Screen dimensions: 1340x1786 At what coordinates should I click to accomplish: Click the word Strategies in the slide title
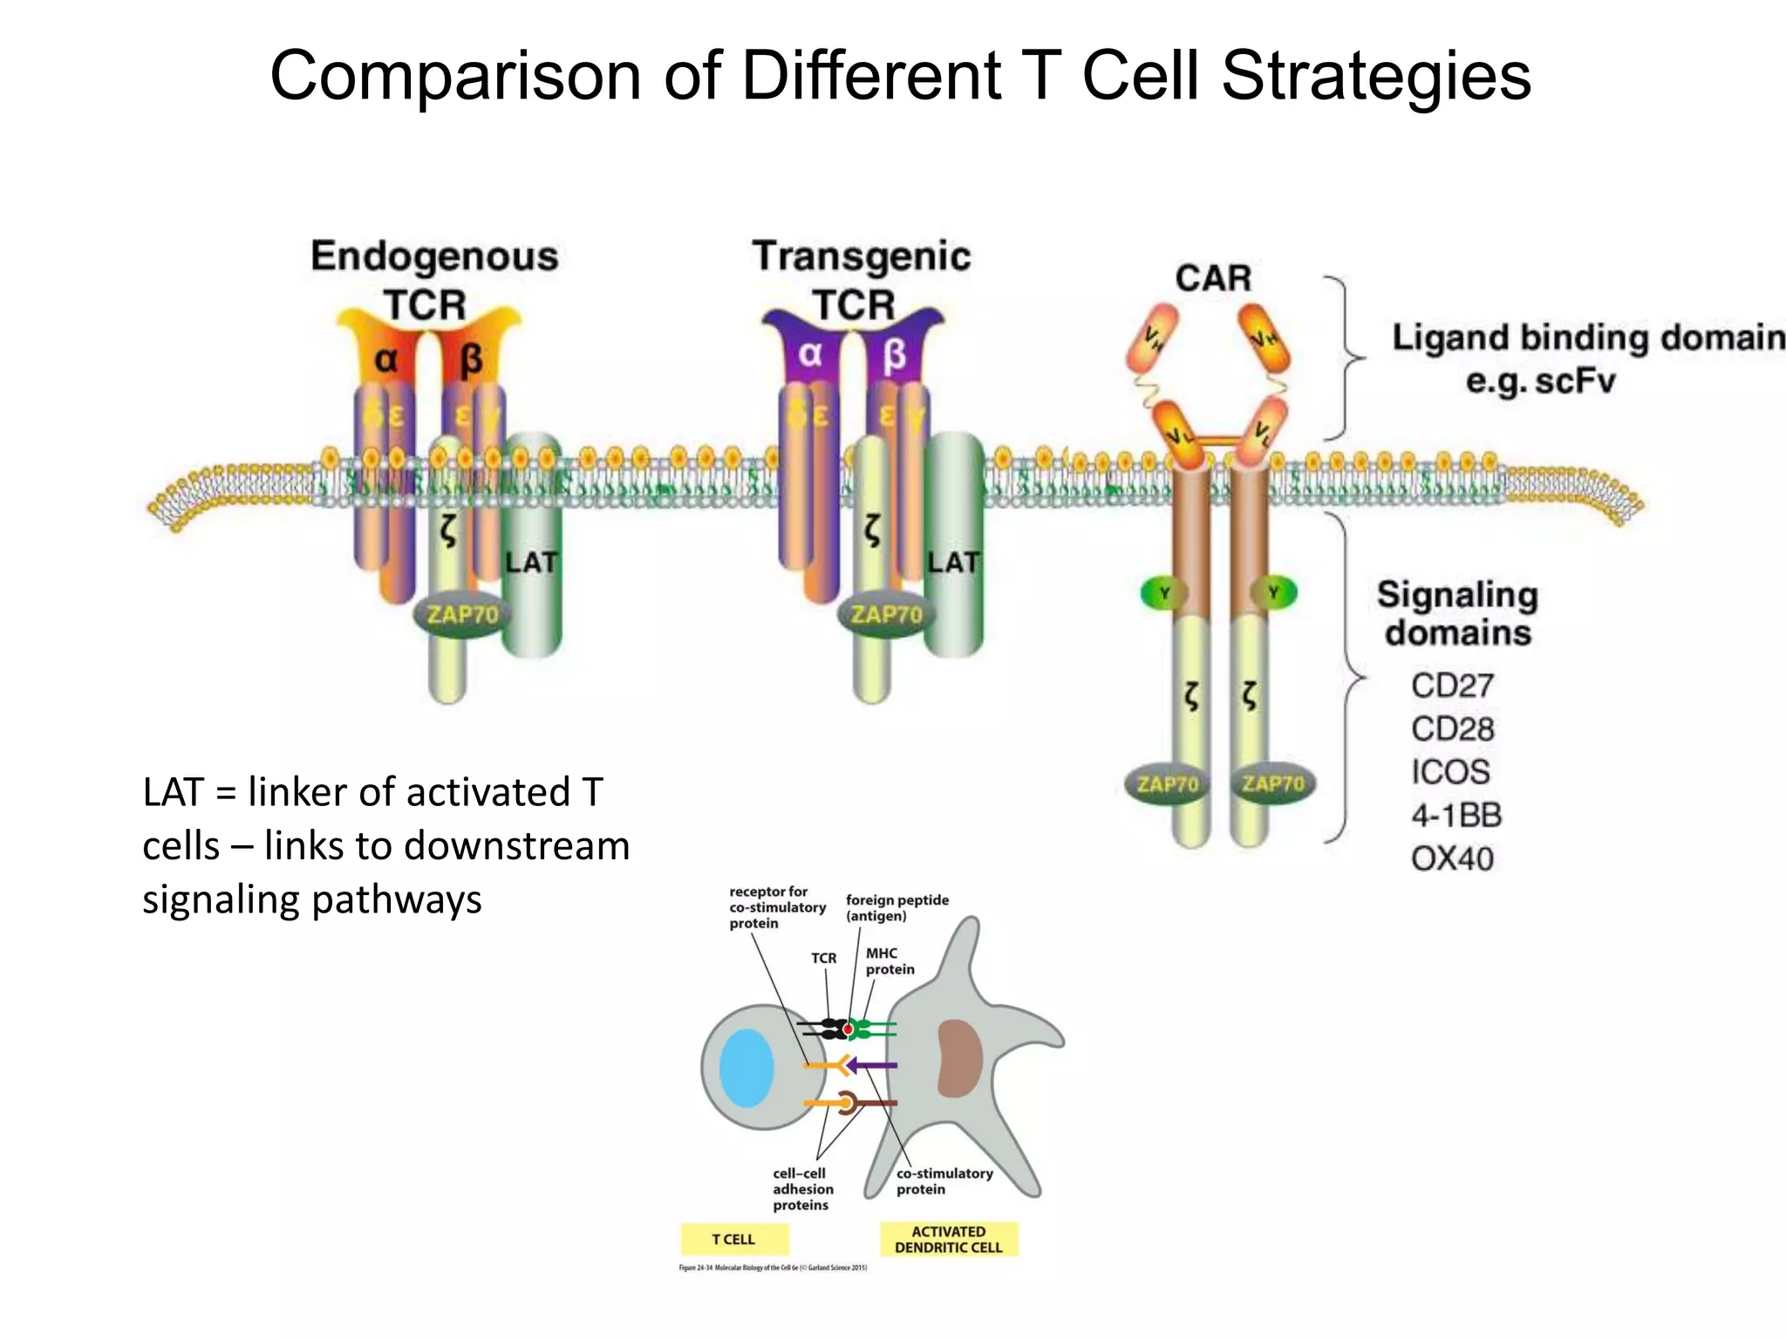coord(1375,77)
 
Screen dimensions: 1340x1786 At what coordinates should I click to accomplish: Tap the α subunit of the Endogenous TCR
coord(386,359)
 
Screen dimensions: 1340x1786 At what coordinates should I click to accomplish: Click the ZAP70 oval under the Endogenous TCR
coord(462,615)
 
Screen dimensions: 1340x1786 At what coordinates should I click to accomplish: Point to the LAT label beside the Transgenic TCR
coord(953,563)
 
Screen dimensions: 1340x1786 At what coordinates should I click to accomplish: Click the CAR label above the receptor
coord(1213,279)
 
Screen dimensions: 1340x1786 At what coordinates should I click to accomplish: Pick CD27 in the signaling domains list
coord(1453,686)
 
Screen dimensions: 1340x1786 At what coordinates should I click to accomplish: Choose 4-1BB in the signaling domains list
coord(1456,816)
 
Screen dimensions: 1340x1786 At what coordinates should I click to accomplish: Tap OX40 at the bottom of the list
coord(1453,859)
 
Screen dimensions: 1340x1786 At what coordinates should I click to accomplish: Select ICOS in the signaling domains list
coord(1451,772)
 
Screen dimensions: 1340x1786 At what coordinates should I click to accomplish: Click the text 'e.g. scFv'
coord(1541,381)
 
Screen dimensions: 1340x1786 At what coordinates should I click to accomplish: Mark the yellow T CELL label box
coord(734,1240)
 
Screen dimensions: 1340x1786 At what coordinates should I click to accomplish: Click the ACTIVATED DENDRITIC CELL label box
coord(949,1240)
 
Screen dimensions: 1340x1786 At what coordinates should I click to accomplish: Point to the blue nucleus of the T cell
coord(746,1068)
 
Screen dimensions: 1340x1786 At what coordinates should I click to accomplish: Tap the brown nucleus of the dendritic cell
coord(959,1058)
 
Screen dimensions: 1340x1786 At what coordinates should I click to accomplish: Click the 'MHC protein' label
coord(890,961)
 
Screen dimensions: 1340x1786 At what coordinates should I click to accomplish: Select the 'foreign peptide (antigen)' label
coord(896,908)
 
